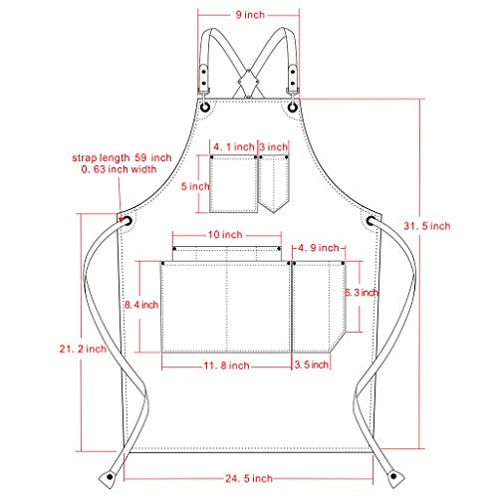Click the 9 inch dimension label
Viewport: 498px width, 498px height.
[x=249, y=15]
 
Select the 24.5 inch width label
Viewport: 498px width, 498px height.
[x=249, y=479]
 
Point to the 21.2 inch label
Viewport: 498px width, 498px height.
[x=83, y=348]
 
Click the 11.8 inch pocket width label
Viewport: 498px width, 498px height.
[x=226, y=366]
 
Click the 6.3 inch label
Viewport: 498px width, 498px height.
[x=360, y=293]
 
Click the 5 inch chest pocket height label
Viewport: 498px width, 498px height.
[x=198, y=184]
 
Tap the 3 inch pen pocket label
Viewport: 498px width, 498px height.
[x=273, y=146]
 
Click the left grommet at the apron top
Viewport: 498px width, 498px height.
[x=204, y=107]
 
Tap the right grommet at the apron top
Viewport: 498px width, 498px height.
[x=294, y=107]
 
